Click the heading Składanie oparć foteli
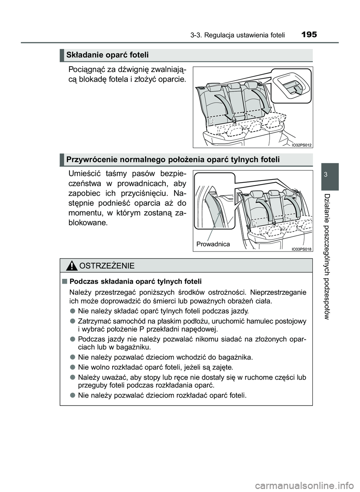108,55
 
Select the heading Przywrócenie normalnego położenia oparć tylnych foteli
173,160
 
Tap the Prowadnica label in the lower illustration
213,244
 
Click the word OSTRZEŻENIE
107,266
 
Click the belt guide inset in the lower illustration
214,208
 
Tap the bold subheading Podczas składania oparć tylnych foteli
135,281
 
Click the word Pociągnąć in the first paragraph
84,70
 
